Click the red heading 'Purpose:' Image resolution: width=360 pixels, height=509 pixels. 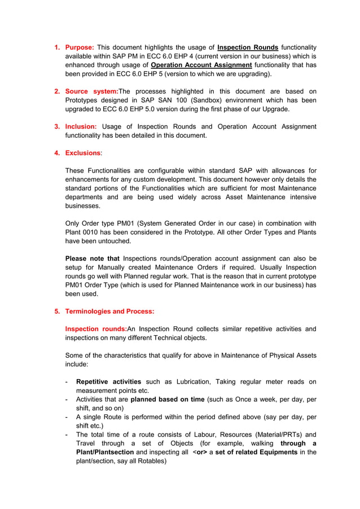(x=79, y=47)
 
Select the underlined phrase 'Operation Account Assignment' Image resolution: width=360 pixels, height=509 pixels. (x=201, y=65)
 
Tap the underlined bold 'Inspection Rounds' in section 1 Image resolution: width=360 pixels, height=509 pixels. (x=247, y=47)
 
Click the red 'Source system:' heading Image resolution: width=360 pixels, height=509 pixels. (x=91, y=91)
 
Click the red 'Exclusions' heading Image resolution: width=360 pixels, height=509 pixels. (x=83, y=153)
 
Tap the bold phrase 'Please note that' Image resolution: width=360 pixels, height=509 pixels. (x=92, y=258)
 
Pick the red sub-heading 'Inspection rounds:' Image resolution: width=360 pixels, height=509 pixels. (x=96, y=329)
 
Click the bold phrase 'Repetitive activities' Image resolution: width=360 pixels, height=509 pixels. (x=108, y=382)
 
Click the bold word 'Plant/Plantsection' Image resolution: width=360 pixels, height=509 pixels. (x=105, y=452)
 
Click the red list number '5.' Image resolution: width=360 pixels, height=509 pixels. (x=57, y=311)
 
